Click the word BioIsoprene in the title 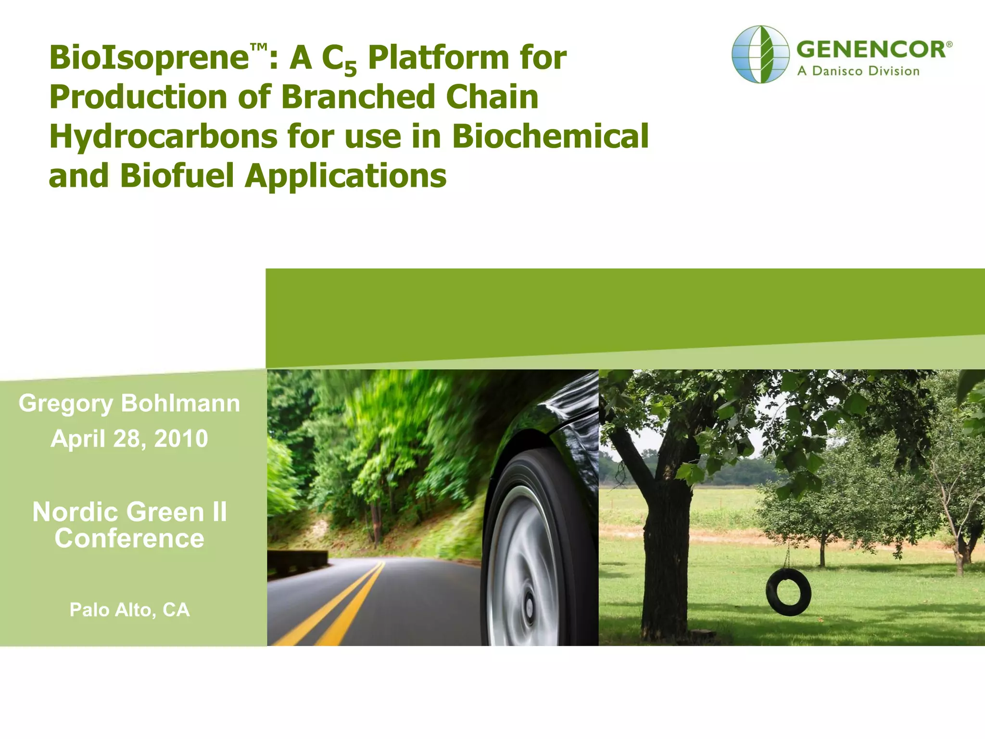pos(149,58)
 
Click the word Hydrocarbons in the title pos(164,136)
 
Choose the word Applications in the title pos(345,176)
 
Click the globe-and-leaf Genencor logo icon pos(760,54)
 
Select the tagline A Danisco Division pos(858,71)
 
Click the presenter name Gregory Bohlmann pos(129,403)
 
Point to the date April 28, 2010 pos(129,439)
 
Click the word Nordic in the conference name pos(78,512)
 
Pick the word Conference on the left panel pos(129,538)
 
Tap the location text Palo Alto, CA pos(129,610)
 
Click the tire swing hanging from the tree pos(788,592)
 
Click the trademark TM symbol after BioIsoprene pos(258,47)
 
